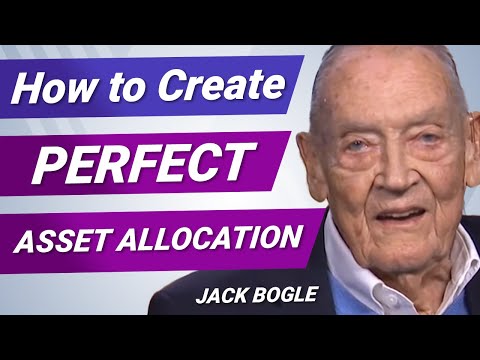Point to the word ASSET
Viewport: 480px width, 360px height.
pos(68,240)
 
